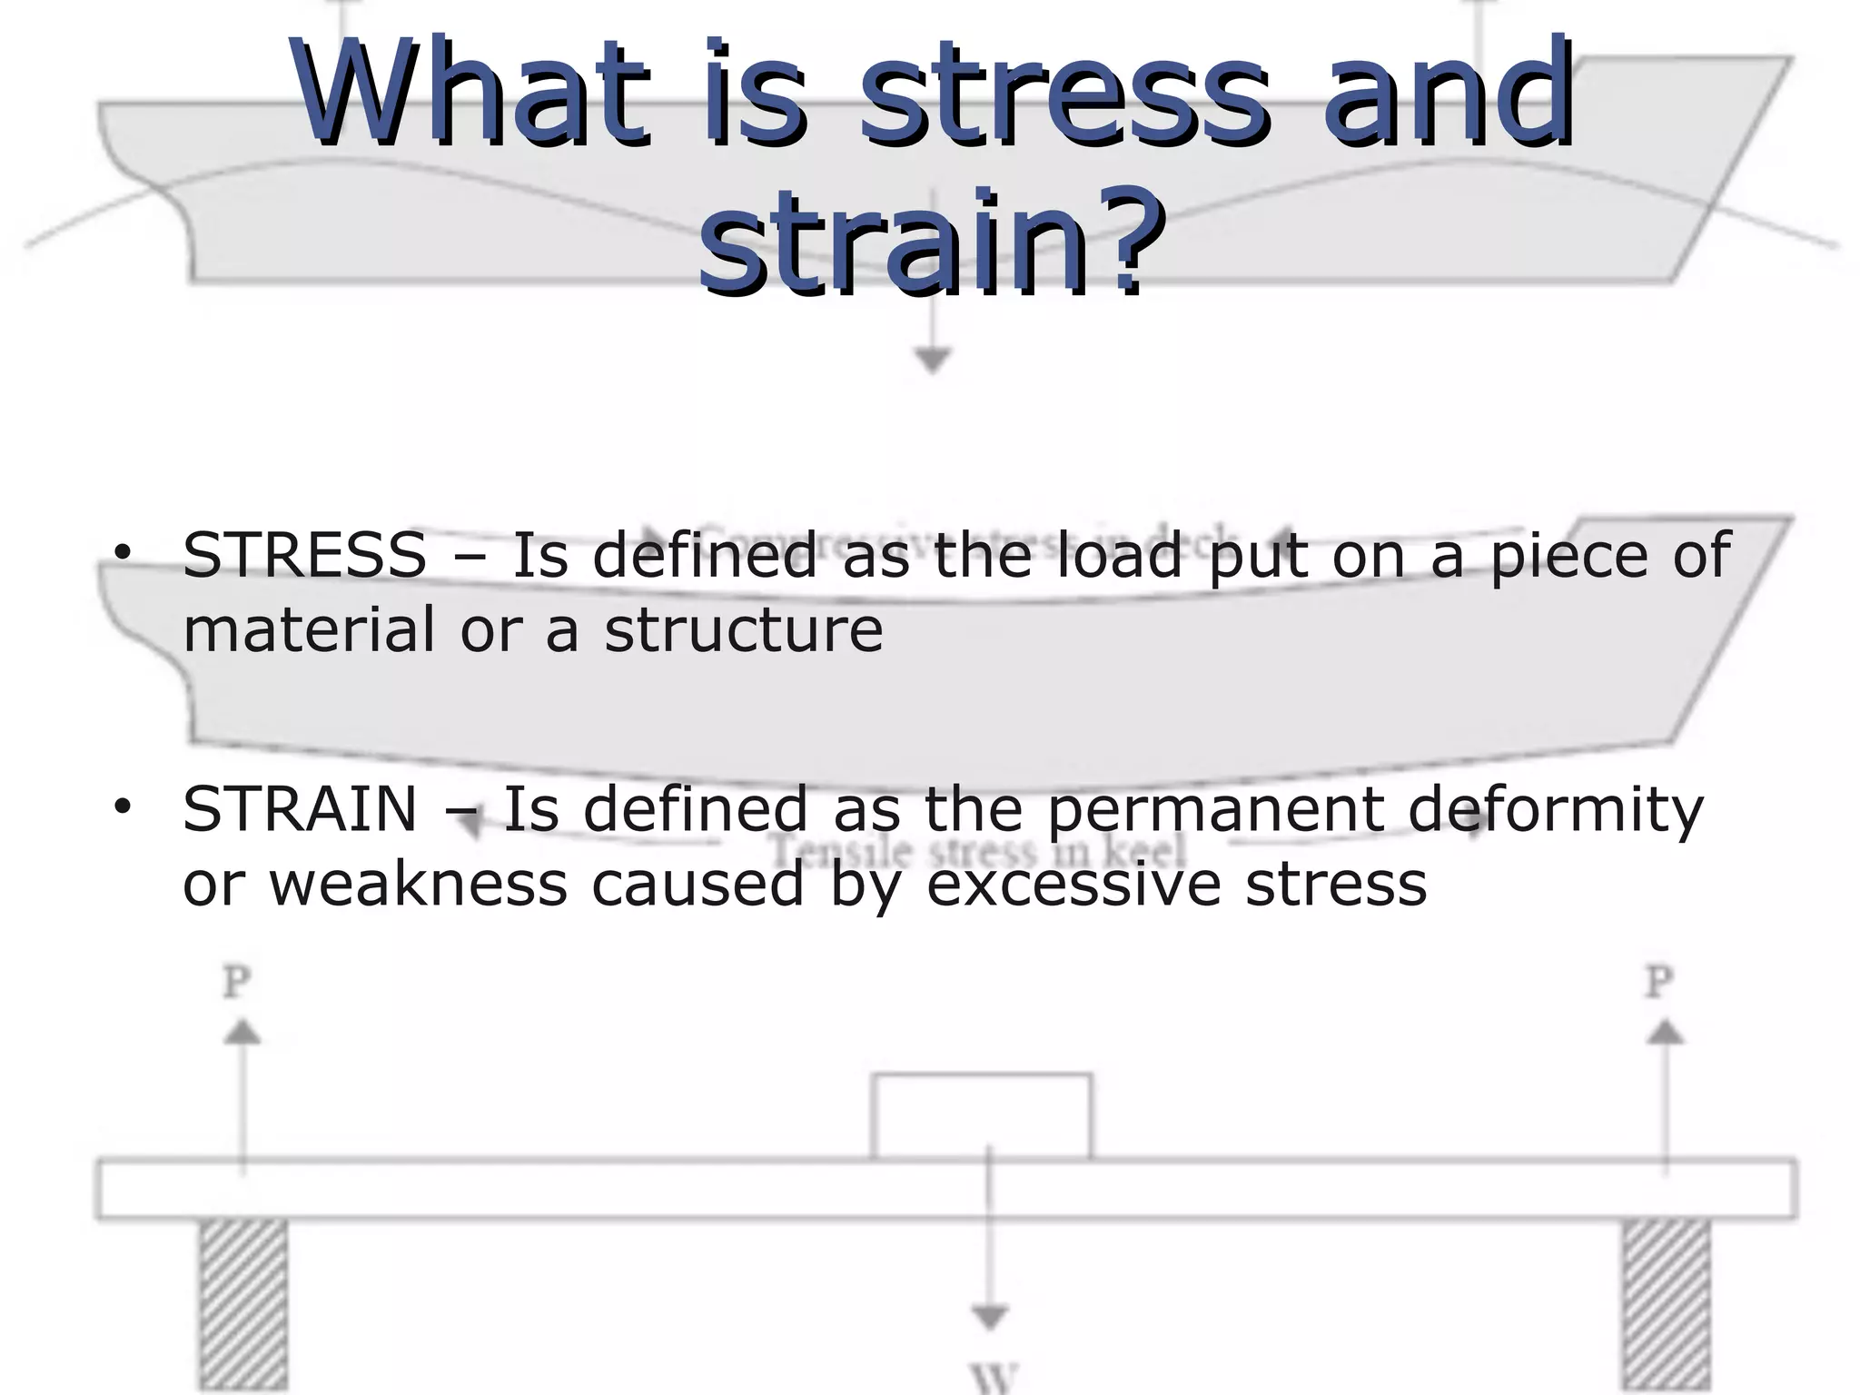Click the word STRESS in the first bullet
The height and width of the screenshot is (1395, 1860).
[304, 555]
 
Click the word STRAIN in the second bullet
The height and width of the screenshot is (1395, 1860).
[300, 809]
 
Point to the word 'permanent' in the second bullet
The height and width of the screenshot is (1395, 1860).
[1215, 811]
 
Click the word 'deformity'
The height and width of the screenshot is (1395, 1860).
[1555, 811]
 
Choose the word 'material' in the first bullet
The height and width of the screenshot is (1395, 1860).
[309, 629]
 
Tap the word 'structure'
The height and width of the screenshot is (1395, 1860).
[743, 629]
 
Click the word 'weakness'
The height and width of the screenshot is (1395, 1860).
[418, 884]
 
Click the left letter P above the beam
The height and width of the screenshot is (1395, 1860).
[237, 982]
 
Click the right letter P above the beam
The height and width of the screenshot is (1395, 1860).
[1659, 982]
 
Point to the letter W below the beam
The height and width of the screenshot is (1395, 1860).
[994, 1379]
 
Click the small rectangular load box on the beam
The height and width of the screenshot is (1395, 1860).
[981, 1116]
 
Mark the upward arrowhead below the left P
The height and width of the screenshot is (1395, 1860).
[242, 1032]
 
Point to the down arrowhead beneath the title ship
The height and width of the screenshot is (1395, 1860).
[932, 361]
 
